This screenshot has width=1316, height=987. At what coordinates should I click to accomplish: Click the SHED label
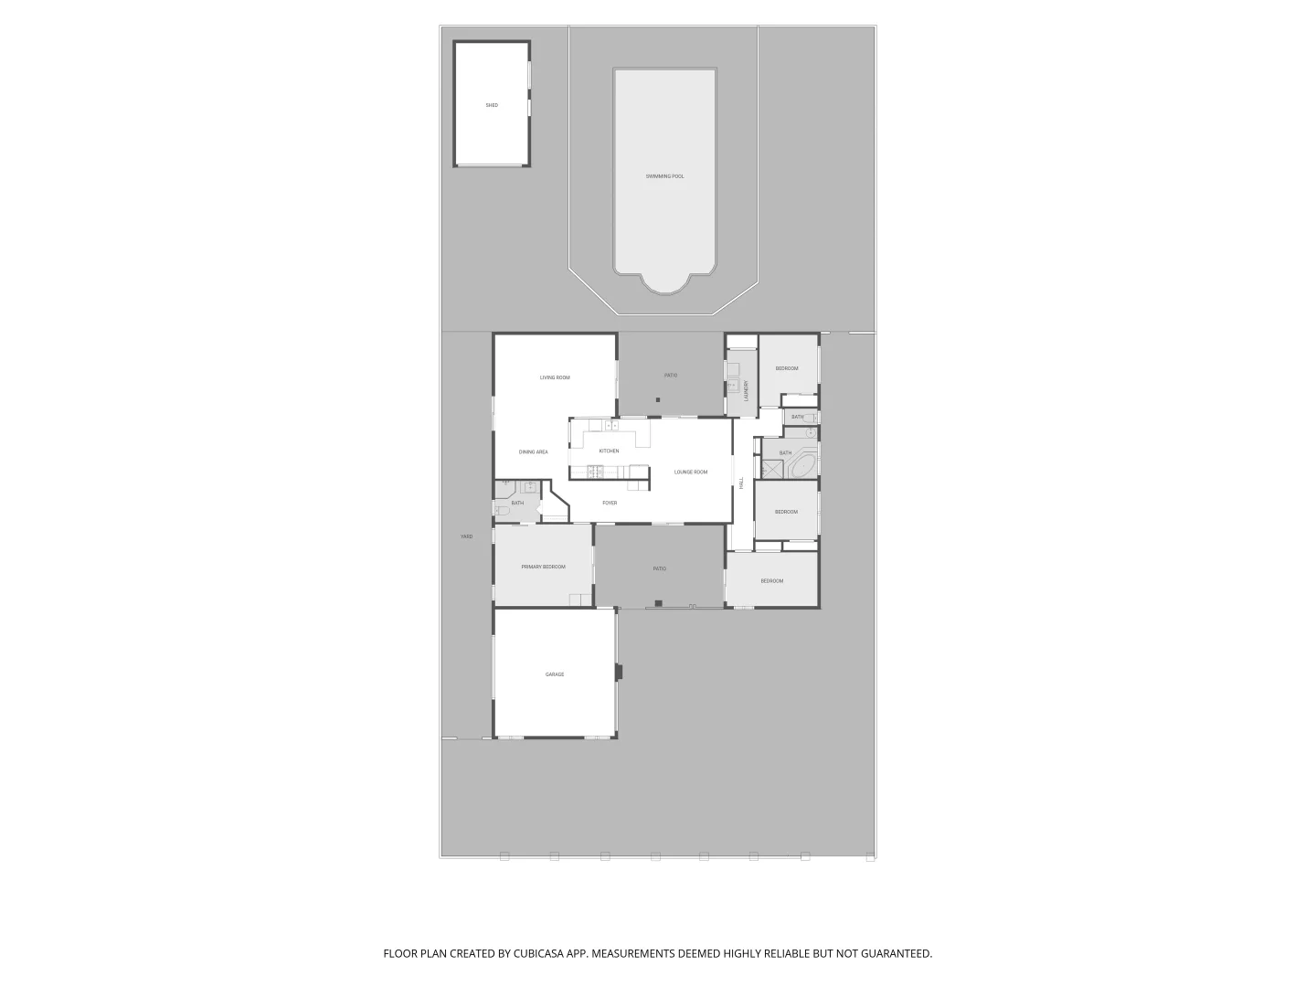pyautogui.click(x=492, y=105)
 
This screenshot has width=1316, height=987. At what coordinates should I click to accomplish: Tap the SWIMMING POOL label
pyautogui.click(x=664, y=176)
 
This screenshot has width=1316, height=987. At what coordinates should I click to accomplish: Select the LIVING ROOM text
pyautogui.click(x=555, y=377)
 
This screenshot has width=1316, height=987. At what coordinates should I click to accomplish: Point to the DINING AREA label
pyautogui.click(x=533, y=452)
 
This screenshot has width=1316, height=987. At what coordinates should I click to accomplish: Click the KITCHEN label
pyautogui.click(x=609, y=451)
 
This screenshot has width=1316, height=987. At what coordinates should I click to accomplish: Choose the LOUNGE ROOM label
pyautogui.click(x=691, y=472)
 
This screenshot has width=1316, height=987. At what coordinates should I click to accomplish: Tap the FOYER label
pyautogui.click(x=610, y=503)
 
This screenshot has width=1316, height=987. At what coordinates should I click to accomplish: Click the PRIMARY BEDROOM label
pyautogui.click(x=543, y=567)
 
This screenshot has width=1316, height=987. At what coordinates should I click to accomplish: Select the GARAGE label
pyautogui.click(x=555, y=674)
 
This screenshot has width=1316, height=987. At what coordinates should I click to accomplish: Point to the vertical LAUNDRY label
pyautogui.click(x=746, y=391)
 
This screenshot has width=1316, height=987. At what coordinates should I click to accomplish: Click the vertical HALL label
pyautogui.click(x=741, y=483)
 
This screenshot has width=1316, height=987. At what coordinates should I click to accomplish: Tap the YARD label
pyautogui.click(x=466, y=536)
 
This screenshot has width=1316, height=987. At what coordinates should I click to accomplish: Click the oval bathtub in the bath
pyautogui.click(x=802, y=467)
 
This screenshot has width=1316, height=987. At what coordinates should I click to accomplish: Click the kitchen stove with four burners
pyautogui.click(x=595, y=472)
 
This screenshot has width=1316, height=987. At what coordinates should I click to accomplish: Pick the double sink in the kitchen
pyautogui.click(x=610, y=425)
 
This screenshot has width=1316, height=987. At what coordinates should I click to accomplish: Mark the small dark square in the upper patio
pyautogui.click(x=658, y=400)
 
